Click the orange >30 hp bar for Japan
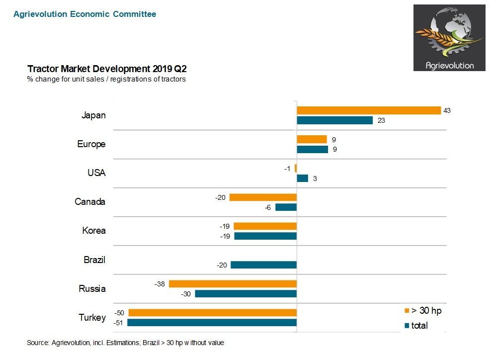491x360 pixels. [x=369, y=110]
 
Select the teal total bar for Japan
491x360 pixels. [x=334, y=120]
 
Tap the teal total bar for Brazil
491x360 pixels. [x=263, y=265]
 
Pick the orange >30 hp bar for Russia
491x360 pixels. [x=233, y=284]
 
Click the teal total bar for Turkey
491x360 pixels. [x=212, y=323]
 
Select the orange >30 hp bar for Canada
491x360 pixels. [x=263, y=197]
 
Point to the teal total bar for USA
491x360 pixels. [x=302, y=178]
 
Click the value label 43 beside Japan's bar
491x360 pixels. [x=447, y=110]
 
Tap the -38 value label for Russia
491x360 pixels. [x=160, y=284]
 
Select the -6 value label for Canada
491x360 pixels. [x=267, y=207]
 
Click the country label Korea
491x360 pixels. [x=94, y=231]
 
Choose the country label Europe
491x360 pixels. [x=91, y=144]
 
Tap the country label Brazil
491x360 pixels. [x=94, y=260]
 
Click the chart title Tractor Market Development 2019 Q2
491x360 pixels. [x=107, y=69]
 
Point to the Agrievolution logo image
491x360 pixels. [x=449, y=38]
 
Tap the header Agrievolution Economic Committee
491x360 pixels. [x=84, y=14]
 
